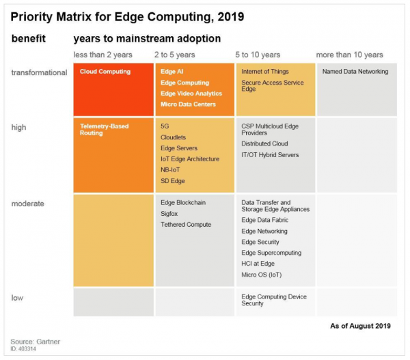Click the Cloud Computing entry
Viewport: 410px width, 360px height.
pyautogui.click(x=104, y=71)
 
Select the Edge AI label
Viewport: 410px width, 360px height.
pyautogui.click(x=172, y=71)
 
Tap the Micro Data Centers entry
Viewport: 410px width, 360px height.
pyautogui.click(x=188, y=104)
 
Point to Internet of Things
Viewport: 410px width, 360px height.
pyautogui.click(x=265, y=71)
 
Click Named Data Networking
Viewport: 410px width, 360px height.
pyautogui.click(x=355, y=71)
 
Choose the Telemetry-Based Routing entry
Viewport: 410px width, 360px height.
pyautogui.click(x=104, y=129)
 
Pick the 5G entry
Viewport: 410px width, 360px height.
pyautogui.click(x=165, y=126)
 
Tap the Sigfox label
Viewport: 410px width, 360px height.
pyautogui.click(x=170, y=213)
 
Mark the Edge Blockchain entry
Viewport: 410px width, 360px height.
pyautogui.click(x=182, y=202)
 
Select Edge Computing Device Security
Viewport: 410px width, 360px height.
pyautogui.click(x=274, y=300)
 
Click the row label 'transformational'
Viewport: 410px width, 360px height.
pyautogui.click(x=38, y=72)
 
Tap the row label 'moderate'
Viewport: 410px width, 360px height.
pyautogui.click(x=27, y=203)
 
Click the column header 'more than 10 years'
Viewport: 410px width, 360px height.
pyautogui.click(x=349, y=55)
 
